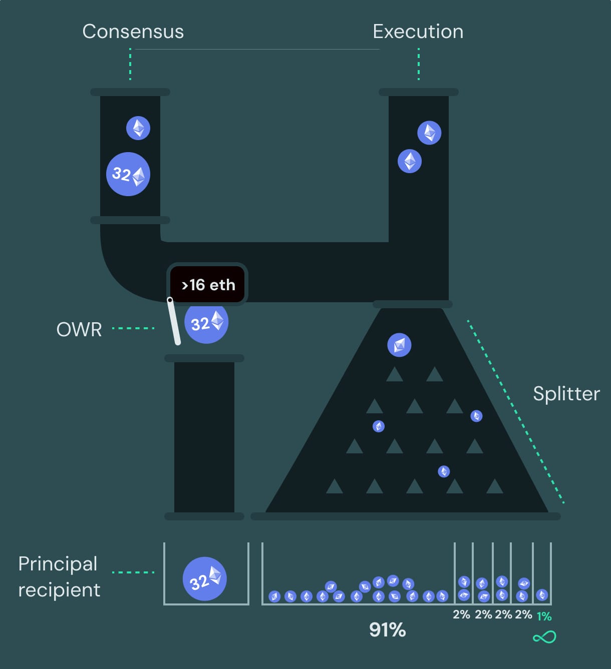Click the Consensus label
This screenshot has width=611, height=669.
133,32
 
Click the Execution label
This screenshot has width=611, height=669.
418,32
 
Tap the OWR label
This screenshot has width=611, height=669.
79,329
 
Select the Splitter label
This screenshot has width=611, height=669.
566,394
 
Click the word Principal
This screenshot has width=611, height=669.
58,564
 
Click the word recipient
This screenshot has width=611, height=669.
59,590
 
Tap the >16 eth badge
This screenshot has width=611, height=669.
208,285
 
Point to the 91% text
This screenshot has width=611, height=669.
387,629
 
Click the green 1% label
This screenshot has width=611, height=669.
544,616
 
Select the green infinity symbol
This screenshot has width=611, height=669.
544,637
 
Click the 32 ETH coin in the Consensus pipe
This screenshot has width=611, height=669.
128,174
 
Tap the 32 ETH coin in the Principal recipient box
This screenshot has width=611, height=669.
205,579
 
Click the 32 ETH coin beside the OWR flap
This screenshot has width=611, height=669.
206,322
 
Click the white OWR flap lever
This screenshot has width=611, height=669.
174,321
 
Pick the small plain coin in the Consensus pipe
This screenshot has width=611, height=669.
138,128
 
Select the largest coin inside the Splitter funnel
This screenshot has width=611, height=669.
399,345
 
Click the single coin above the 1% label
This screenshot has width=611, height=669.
542,595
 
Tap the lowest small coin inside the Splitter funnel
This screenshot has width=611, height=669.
444,471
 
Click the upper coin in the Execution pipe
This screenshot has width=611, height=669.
429,133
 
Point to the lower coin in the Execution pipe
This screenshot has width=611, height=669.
410,162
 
